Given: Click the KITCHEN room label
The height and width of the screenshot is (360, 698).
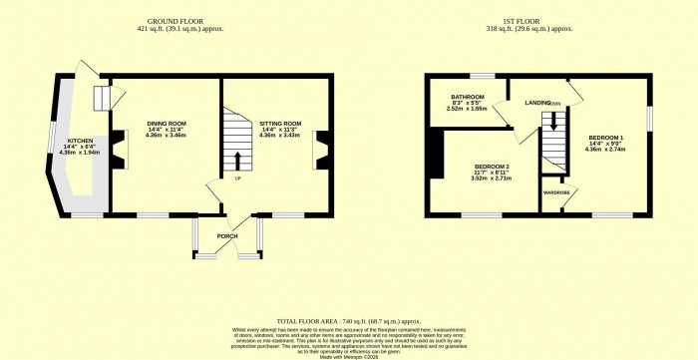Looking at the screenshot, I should click(x=81, y=141).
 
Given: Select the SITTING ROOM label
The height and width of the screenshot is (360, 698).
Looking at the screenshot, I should click(x=279, y=124).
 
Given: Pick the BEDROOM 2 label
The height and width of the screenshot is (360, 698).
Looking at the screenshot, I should click(x=492, y=166).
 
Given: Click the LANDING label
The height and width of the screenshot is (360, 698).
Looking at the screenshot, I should click(x=538, y=102).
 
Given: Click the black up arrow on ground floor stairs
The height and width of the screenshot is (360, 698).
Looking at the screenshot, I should click(x=237, y=160).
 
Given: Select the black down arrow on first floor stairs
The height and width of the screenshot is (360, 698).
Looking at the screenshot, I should click(x=546, y=123).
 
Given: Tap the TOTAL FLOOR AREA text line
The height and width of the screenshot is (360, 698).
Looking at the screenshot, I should click(x=346, y=311).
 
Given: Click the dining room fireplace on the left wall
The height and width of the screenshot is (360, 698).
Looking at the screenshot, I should click(x=118, y=150).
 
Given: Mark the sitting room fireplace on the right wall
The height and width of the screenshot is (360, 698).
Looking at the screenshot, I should click(x=322, y=150).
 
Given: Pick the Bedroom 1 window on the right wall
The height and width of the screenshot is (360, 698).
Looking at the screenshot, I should click(x=648, y=118).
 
